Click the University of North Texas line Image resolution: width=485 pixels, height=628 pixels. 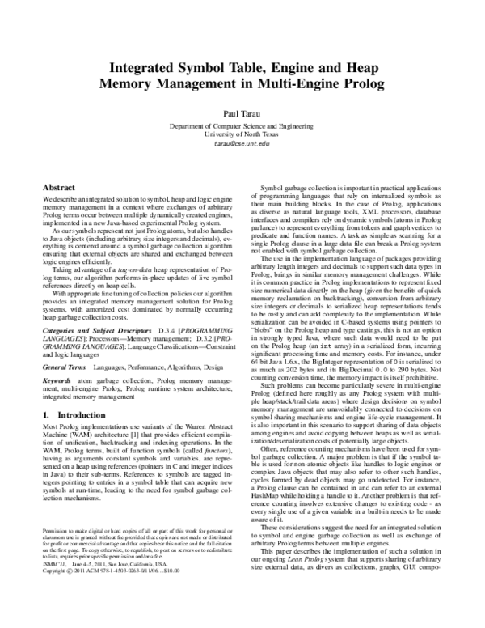click(242, 134)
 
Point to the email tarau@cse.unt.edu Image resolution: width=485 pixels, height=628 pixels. click(242, 144)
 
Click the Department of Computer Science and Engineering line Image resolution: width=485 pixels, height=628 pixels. click(242, 126)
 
